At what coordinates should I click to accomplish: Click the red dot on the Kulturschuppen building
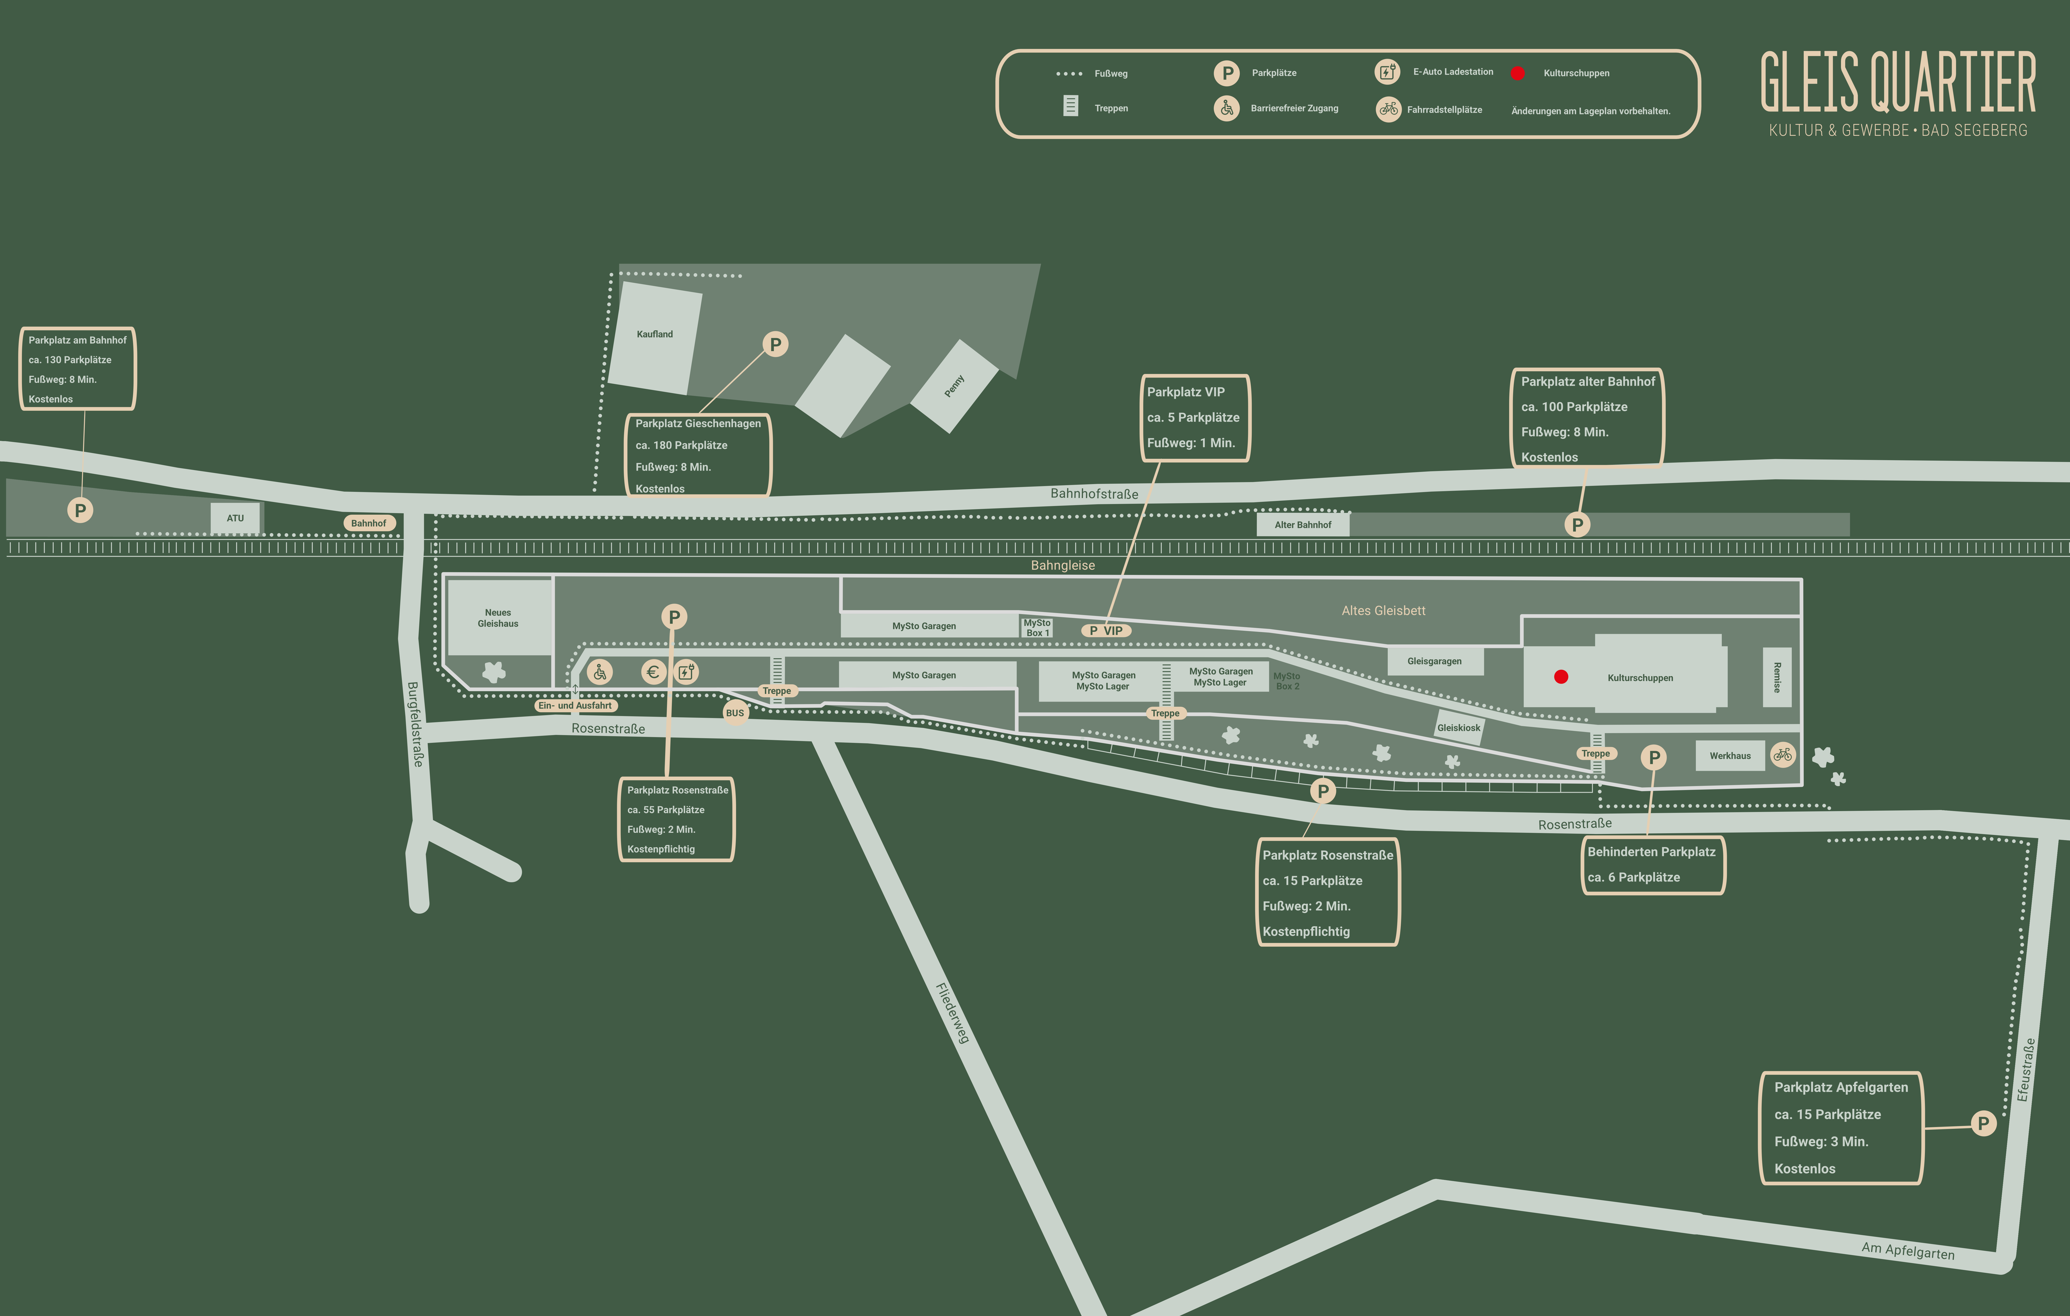1561,676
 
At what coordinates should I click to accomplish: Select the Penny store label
954,386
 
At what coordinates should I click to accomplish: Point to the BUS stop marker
735,713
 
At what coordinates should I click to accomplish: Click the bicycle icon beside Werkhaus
1783,755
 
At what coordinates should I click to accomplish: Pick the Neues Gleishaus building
499,618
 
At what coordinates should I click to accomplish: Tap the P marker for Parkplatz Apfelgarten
1983,1123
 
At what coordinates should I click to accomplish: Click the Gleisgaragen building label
1434,661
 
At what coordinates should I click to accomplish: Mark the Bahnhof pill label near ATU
369,523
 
